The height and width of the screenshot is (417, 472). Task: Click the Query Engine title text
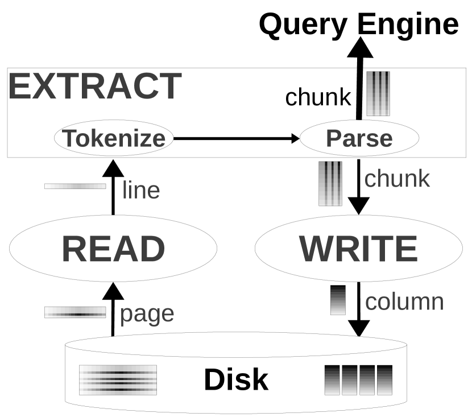coord(359,24)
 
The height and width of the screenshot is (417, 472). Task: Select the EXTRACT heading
coord(94,86)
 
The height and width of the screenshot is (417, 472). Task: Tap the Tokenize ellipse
coord(113,138)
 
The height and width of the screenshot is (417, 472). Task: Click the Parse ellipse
coord(359,138)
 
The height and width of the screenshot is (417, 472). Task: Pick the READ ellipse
coord(113,248)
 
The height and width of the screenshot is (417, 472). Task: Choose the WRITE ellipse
coord(359,248)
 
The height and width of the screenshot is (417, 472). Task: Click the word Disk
coord(236,379)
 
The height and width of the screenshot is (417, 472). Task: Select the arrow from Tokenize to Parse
coord(236,138)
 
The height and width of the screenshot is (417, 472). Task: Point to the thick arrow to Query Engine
coord(359,80)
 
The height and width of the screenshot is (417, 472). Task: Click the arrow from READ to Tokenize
coord(113,188)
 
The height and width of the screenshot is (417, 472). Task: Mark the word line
coord(141,189)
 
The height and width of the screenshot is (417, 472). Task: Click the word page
coord(147,313)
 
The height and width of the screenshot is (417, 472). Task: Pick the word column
coord(404,302)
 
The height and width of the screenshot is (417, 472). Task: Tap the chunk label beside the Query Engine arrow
coord(318,97)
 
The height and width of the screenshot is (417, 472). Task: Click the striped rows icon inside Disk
coord(118,380)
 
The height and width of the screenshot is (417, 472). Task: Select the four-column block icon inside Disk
coord(358,380)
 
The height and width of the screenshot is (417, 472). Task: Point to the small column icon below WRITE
coord(338,300)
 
